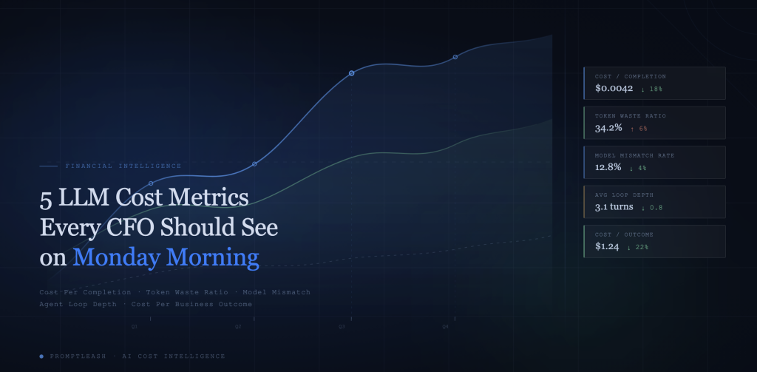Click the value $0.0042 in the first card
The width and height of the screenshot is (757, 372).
coord(614,88)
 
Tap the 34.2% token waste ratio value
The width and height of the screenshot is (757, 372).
coord(608,128)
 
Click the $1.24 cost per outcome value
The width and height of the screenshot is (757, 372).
coord(607,246)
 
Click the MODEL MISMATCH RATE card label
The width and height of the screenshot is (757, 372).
coord(634,155)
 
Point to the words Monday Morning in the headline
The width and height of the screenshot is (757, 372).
coord(166,257)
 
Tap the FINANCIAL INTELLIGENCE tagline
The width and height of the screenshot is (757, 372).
coord(123,166)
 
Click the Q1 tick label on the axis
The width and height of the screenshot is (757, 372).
coord(135,326)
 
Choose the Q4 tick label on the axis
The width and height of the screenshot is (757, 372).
coord(446,326)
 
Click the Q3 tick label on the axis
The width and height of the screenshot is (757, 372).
coord(342,326)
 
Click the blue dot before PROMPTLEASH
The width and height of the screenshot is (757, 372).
coord(41,356)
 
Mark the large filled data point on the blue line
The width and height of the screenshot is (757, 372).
coord(351,73)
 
